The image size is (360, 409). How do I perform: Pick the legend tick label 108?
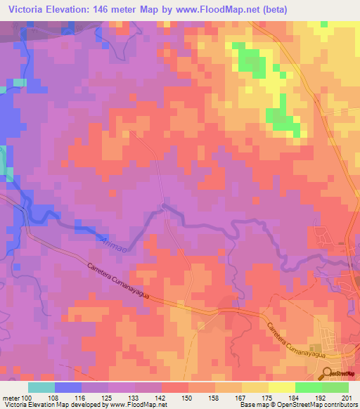pyautogui.click(x=54, y=397)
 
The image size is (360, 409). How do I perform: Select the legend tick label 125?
pyautogui.click(x=107, y=397)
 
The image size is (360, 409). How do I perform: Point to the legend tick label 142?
pyautogui.click(x=160, y=397)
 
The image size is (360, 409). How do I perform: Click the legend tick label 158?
pyautogui.click(x=214, y=397)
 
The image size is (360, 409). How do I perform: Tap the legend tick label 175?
pyautogui.click(x=267, y=397)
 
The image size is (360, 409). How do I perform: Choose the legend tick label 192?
pyautogui.click(x=321, y=397)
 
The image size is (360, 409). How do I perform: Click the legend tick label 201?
pyautogui.click(x=347, y=397)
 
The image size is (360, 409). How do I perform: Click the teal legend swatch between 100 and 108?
pyautogui.click(x=41, y=387)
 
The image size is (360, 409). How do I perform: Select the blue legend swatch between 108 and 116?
pyautogui.click(x=67, y=387)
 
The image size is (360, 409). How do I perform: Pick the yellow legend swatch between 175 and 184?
pyautogui.click(x=281, y=387)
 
